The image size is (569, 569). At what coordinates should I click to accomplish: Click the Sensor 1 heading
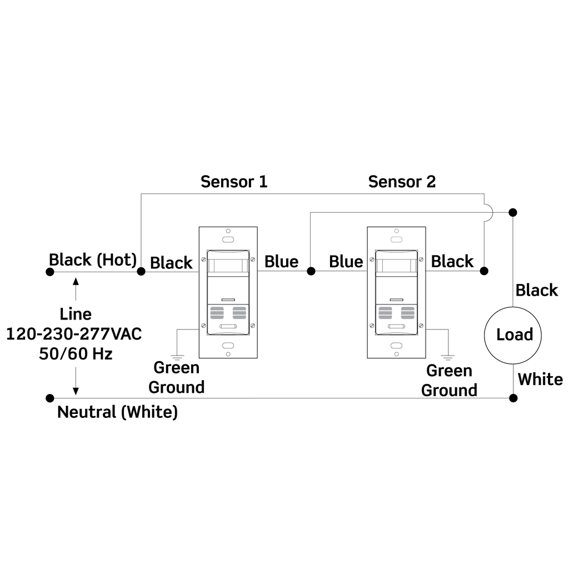[x=234, y=182]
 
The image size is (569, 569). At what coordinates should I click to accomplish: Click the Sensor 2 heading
[x=402, y=182]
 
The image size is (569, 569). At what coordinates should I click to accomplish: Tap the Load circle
[x=514, y=335]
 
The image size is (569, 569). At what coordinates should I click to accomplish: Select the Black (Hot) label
[x=93, y=259]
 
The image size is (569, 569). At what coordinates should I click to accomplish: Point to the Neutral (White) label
[x=117, y=412]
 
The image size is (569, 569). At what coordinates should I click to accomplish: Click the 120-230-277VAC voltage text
[x=74, y=334]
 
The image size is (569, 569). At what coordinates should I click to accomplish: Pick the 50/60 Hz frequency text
[x=76, y=353]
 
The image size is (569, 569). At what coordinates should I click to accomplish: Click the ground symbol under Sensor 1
[x=177, y=356]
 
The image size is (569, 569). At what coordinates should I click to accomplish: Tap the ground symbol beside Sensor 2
[x=448, y=357]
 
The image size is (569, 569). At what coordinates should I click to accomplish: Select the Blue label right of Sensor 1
[x=281, y=262]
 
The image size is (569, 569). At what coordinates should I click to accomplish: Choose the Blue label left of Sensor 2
[x=346, y=262]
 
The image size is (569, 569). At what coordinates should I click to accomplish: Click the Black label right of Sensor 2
[x=452, y=261]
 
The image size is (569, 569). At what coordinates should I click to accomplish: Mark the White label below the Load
[x=540, y=380]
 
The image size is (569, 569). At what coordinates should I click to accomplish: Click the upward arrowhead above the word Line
[x=76, y=281]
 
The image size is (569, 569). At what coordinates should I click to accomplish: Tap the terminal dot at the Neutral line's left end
[x=50, y=398]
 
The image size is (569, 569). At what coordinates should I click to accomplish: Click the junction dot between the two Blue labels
[x=311, y=271]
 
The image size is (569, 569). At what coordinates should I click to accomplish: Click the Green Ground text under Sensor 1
[x=176, y=377]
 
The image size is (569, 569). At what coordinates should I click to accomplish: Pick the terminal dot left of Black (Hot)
[x=50, y=272]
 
